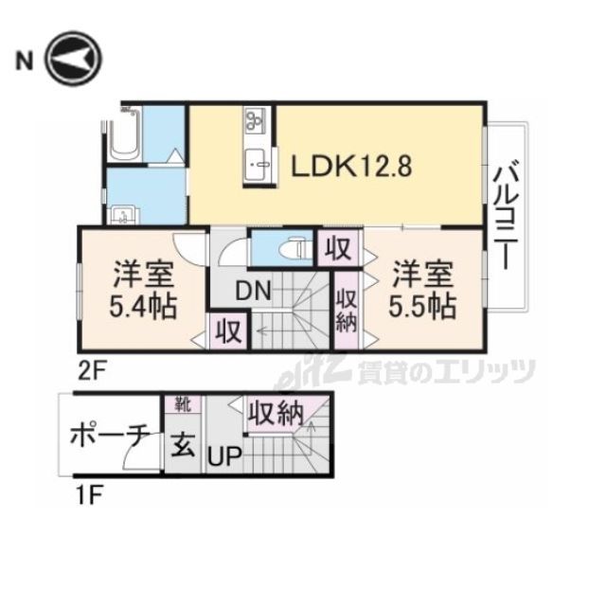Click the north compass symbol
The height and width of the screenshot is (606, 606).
74,60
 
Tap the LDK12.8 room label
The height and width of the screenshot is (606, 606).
351,167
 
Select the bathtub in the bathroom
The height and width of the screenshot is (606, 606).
123,135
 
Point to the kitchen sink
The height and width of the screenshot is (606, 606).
258,164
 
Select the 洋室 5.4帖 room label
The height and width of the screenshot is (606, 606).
143,291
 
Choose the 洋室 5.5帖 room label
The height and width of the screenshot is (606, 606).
423,291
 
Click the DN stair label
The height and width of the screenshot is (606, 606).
253,291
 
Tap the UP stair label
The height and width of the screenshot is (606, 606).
224,456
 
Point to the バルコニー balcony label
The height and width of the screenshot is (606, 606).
506,216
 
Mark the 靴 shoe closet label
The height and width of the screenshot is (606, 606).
183,404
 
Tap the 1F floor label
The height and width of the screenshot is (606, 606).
89,496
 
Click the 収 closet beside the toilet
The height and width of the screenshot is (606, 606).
338,248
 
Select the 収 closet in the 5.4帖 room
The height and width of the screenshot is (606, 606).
228,331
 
